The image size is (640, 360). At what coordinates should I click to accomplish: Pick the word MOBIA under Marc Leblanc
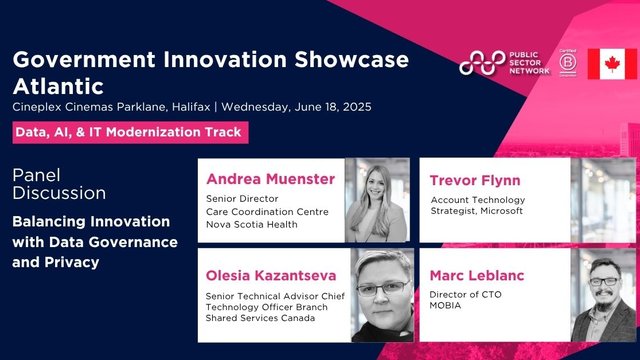click(446, 305)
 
